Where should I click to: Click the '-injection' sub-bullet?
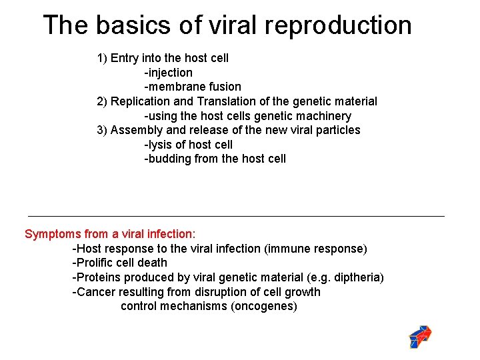click(x=168, y=73)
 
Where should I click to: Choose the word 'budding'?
click(x=169, y=159)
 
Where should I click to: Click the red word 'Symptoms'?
click(x=51, y=235)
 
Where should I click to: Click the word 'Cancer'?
click(x=95, y=292)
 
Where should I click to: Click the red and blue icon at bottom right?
click(x=420, y=337)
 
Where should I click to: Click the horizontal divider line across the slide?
click(x=236, y=216)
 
